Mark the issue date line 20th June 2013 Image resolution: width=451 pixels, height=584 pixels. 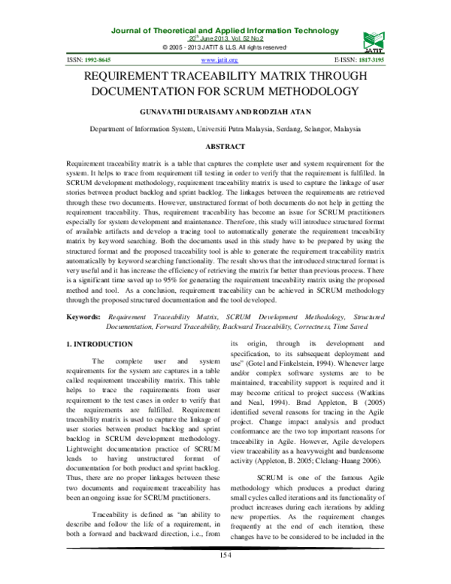coord(225,38)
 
